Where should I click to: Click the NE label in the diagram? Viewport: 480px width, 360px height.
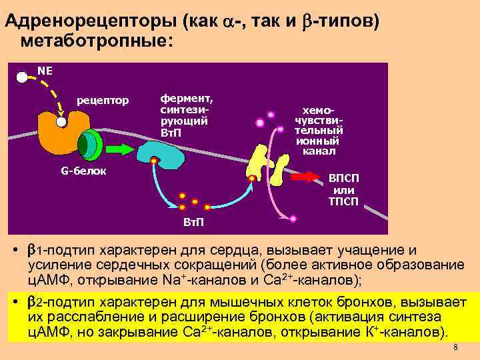45,70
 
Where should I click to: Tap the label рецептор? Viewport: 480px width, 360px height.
102,101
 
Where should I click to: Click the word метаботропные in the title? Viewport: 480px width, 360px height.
96,41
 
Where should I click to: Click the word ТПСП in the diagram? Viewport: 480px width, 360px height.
343,201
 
